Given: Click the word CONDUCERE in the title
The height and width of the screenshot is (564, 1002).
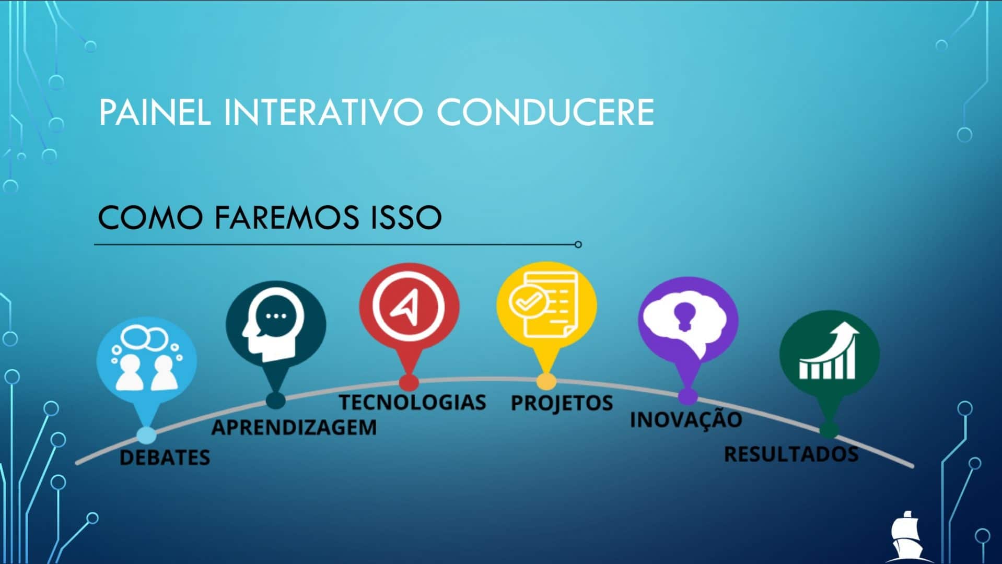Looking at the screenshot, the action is coord(545,112).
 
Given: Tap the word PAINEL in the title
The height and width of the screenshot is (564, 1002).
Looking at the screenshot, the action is coord(155,112).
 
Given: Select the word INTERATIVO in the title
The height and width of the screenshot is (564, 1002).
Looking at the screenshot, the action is coord(323,112).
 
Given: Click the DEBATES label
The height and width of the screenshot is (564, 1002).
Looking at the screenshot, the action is coord(165,457).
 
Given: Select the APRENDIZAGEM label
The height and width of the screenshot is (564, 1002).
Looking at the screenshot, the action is coord(294,427).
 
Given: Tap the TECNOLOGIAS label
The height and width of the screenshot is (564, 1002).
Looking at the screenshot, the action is coord(412,402).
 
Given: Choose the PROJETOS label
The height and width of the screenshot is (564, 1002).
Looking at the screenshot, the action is coord(562,403).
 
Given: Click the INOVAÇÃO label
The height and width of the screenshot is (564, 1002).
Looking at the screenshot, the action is coord(686,419).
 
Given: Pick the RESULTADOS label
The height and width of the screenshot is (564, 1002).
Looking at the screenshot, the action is coord(791,454).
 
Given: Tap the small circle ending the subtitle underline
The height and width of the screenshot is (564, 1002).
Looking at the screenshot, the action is coord(578,244).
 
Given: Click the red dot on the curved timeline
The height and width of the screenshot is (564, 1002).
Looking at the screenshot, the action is coord(409,383).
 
